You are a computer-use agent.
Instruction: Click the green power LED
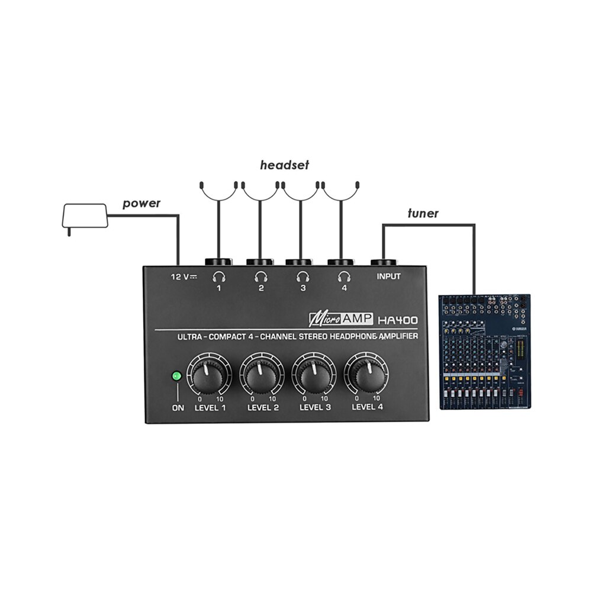pyautogui.click(x=176, y=376)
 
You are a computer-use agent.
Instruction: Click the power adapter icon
pyautogui.click(x=85, y=217)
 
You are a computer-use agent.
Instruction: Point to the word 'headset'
pyautogui.click(x=284, y=165)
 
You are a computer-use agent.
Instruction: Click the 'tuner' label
pyautogui.click(x=423, y=213)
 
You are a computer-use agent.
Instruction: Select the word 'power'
pyautogui.click(x=141, y=204)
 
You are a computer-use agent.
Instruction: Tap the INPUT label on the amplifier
pyautogui.click(x=388, y=276)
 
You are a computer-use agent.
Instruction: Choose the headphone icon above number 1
pyautogui.click(x=219, y=276)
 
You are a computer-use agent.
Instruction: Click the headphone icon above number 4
pyautogui.click(x=343, y=276)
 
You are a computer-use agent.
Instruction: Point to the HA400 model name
pyautogui.click(x=397, y=320)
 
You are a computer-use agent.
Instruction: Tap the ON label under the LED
pyautogui.click(x=177, y=407)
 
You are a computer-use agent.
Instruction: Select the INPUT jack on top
pyautogui.click(x=384, y=262)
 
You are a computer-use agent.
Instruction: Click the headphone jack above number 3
pyautogui.click(x=300, y=262)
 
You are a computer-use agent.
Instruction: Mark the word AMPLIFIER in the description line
pyautogui.click(x=399, y=336)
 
